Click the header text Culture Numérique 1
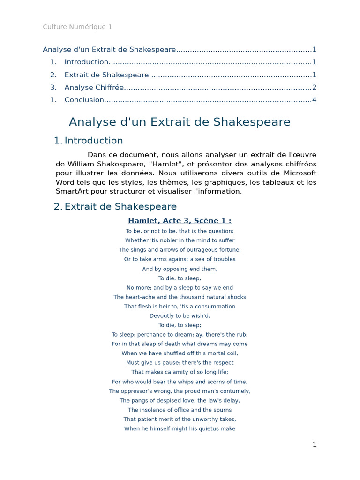77,27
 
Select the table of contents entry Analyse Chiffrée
94,87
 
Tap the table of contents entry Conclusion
84,99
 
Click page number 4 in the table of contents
314,99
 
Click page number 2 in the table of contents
314,87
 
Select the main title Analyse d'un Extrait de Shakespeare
180,122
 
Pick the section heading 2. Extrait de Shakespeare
115,206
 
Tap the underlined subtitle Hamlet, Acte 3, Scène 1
180,221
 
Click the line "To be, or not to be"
180,231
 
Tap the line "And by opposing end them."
180,269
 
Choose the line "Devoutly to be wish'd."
180,316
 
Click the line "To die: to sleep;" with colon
180,278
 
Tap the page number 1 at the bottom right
315,444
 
